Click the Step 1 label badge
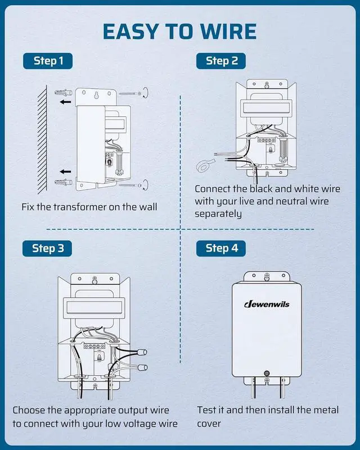coord(48,61)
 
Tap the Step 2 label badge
coord(222,61)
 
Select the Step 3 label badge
coord(48,248)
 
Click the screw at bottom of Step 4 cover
coord(267,372)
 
